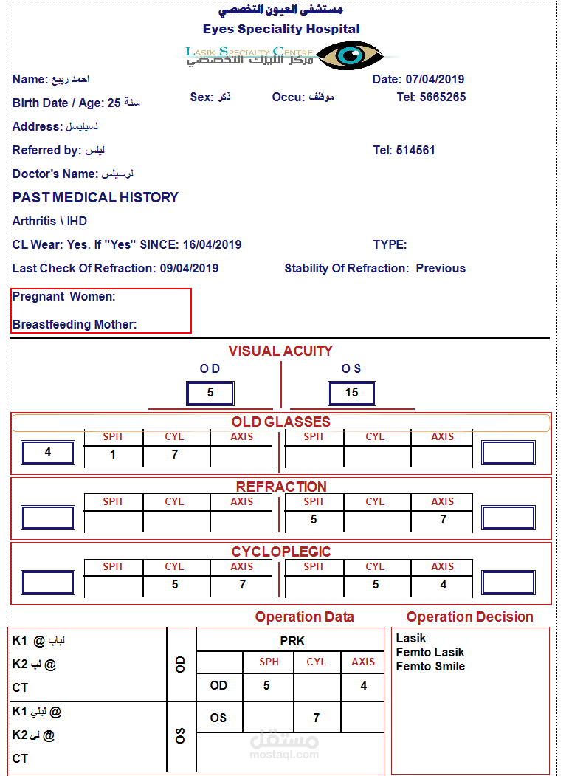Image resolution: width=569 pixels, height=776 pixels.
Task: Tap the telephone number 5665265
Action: [x=443, y=97]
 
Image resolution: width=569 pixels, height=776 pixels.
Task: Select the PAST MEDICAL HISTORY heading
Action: [x=96, y=198]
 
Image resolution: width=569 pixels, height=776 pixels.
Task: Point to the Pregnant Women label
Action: [x=64, y=297]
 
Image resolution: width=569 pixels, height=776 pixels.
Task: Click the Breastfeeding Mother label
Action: [x=75, y=325]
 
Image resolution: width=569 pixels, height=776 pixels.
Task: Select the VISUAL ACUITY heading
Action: [x=280, y=351]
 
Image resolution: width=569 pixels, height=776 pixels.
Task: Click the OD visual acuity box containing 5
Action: [x=210, y=393]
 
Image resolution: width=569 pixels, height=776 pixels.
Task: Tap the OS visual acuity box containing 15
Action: [x=352, y=393]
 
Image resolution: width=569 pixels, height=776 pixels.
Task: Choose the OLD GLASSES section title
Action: [x=280, y=422]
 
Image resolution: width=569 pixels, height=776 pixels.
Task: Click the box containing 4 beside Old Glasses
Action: [x=48, y=452]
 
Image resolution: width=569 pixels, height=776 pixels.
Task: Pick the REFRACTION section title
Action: [x=280, y=487]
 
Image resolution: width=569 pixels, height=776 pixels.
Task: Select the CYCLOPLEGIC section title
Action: [x=280, y=552]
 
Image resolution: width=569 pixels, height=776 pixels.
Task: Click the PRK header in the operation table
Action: [x=292, y=641]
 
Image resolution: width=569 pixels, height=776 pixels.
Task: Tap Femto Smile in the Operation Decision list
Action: [x=430, y=667]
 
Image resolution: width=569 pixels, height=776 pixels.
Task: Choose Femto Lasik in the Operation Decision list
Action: [x=430, y=653]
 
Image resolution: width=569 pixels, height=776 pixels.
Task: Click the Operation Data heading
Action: [x=304, y=617]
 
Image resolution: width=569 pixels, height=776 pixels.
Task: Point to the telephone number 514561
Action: [x=415, y=151]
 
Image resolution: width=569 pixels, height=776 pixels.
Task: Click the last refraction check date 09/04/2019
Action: [x=189, y=269]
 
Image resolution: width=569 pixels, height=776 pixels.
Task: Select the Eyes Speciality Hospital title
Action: [x=281, y=30]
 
